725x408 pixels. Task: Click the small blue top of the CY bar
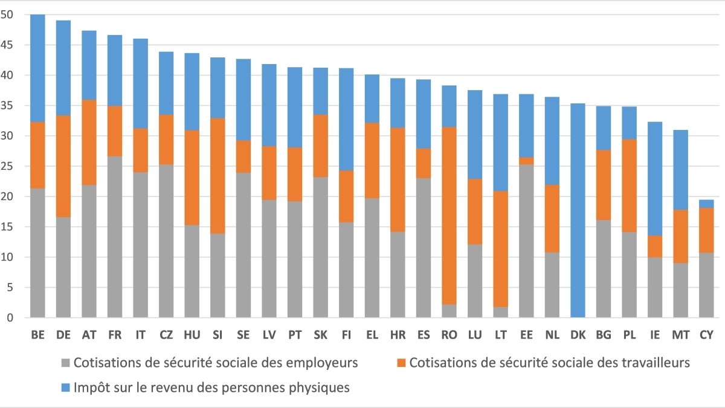(x=706, y=204)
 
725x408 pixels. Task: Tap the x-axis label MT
(x=680, y=334)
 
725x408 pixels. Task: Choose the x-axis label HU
(x=192, y=334)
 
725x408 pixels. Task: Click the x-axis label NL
(x=552, y=334)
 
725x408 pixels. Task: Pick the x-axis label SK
(x=321, y=334)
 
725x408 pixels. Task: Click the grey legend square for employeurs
(x=65, y=363)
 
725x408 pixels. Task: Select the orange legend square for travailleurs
(x=401, y=363)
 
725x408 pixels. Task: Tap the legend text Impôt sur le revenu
(x=211, y=387)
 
